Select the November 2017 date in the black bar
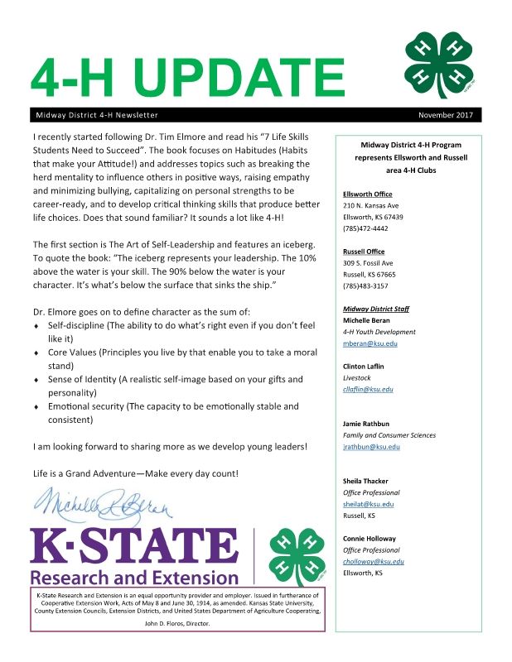(x=447, y=115)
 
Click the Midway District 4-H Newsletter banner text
(x=97, y=115)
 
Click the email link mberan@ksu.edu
(x=368, y=343)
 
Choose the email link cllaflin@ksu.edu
(x=368, y=388)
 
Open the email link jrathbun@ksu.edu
(x=371, y=446)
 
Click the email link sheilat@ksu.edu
(x=368, y=503)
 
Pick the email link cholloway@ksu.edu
(x=374, y=561)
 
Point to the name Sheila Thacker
(x=365, y=481)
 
